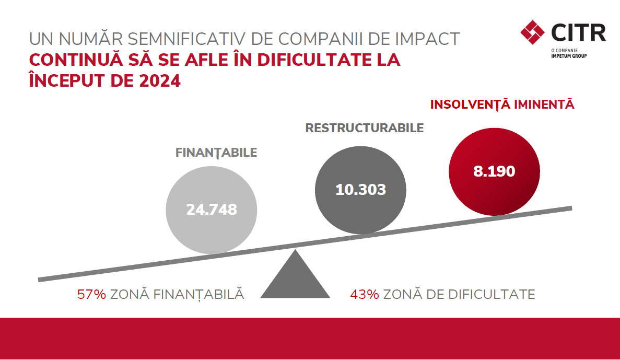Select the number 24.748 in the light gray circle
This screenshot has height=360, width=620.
click(x=212, y=210)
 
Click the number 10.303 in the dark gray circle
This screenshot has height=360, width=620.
click(x=360, y=189)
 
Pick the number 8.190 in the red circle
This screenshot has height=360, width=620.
click(x=494, y=171)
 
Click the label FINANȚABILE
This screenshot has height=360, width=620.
click(x=216, y=153)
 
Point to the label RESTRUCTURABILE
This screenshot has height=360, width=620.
click(x=364, y=128)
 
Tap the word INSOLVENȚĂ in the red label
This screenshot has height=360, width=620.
click(x=470, y=104)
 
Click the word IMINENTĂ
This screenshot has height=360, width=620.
click(x=544, y=104)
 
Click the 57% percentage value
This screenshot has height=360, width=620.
click(x=91, y=294)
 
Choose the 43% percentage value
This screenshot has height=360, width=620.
click(x=364, y=294)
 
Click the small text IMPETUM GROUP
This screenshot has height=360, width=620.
click(x=569, y=55)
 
